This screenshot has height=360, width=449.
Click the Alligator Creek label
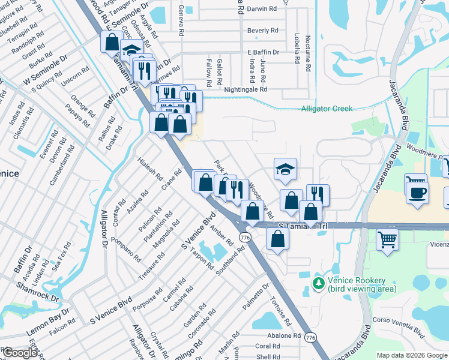327,109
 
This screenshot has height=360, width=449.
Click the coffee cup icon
417,193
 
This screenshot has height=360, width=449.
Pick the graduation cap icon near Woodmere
286,170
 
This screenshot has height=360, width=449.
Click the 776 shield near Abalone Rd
310,338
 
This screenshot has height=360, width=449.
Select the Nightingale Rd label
246,89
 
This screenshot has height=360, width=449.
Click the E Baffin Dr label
264,52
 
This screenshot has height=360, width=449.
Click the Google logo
21,352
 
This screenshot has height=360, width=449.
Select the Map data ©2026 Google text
412,355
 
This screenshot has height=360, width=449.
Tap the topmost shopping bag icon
112,43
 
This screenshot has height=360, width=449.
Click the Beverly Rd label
262,31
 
